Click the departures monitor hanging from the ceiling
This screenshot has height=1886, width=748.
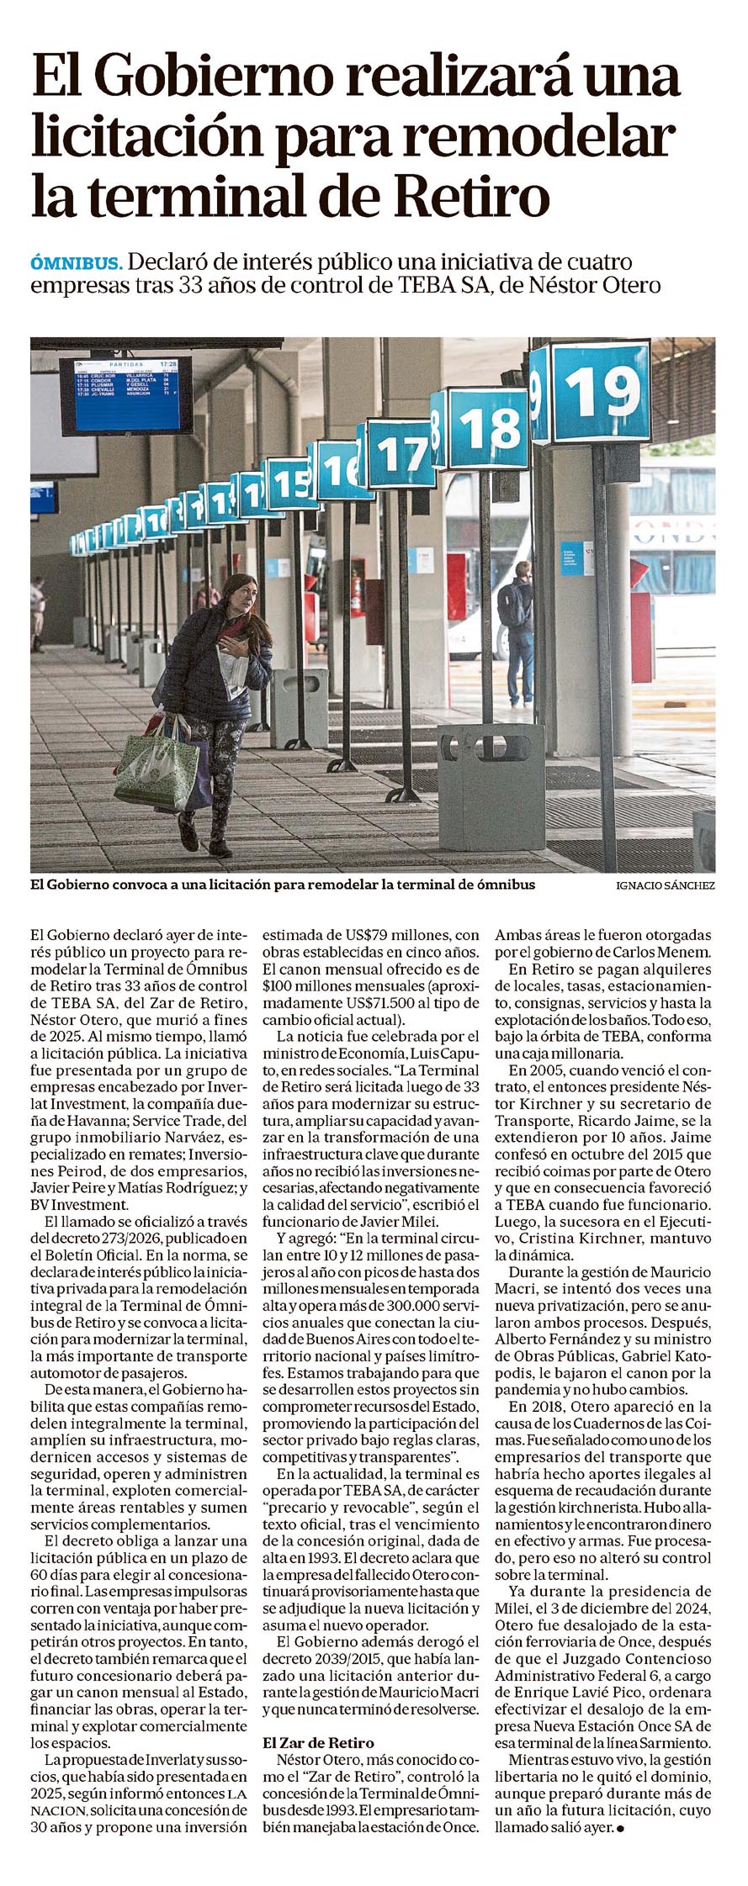pos(125,394)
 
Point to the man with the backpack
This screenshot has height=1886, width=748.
pos(516,626)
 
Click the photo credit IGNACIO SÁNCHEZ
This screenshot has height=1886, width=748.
pos(666,885)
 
